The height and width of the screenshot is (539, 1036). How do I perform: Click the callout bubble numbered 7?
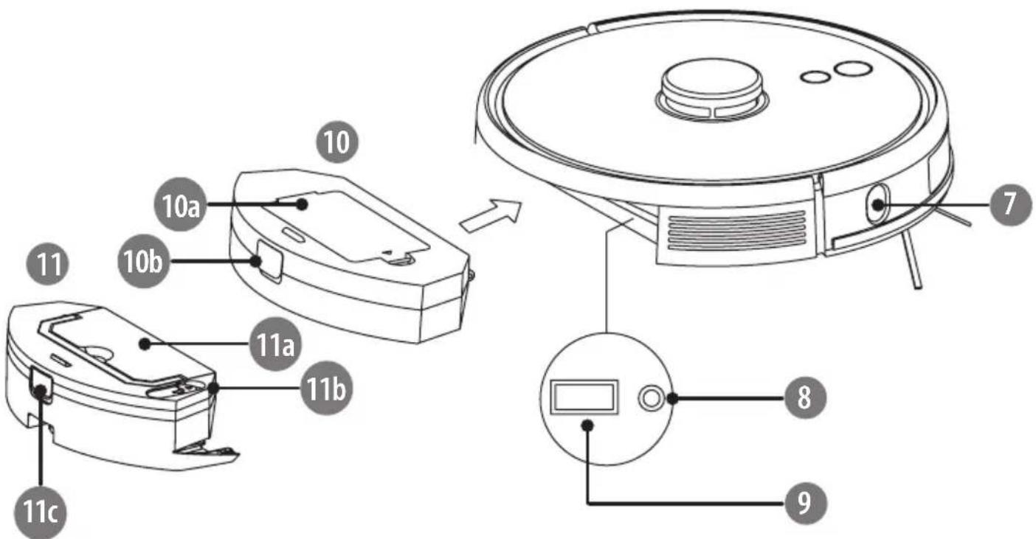1011,204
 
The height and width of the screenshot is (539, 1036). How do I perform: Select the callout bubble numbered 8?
805,397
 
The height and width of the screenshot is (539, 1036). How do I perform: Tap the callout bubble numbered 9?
805,502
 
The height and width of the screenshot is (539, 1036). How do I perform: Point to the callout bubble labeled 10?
337,142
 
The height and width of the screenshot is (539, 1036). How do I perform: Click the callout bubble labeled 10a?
181,204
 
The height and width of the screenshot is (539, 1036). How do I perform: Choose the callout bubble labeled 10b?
144,262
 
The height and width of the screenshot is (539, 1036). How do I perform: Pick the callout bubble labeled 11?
48,265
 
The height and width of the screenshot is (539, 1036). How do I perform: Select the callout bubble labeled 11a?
275,344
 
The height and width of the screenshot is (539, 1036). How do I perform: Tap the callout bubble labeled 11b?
326,388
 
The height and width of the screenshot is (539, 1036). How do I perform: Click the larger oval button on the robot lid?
853,69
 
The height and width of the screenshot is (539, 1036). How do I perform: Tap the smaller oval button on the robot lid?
816,77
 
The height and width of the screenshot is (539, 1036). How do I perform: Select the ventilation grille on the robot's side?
736,230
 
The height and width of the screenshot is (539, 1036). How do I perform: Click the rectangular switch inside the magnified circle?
584,397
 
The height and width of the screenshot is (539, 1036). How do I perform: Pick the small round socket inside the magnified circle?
652,397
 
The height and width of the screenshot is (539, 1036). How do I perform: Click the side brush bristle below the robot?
911,261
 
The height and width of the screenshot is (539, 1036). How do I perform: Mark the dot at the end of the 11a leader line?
145,344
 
